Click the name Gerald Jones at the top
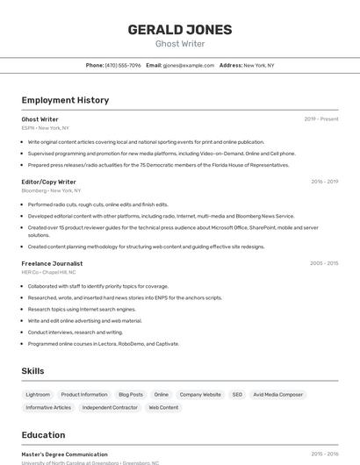click(180, 29)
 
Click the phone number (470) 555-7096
click(123, 65)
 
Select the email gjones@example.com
click(188, 65)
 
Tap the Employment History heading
click(65, 100)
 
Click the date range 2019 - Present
click(320, 119)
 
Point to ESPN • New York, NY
click(46, 128)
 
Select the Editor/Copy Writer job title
click(49, 182)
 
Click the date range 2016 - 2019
click(324, 182)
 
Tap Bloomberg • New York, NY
click(51, 190)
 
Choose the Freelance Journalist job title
click(52, 263)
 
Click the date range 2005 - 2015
click(324, 263)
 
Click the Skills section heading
click(32, 371)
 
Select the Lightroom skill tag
click(38, 395)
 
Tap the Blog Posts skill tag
click(131, 395)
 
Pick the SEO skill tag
click(237, 395)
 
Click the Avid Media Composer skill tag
click(278, 395)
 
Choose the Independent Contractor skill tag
click(110, 407)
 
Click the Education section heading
click(43, 435)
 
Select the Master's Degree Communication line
click(64, 454)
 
